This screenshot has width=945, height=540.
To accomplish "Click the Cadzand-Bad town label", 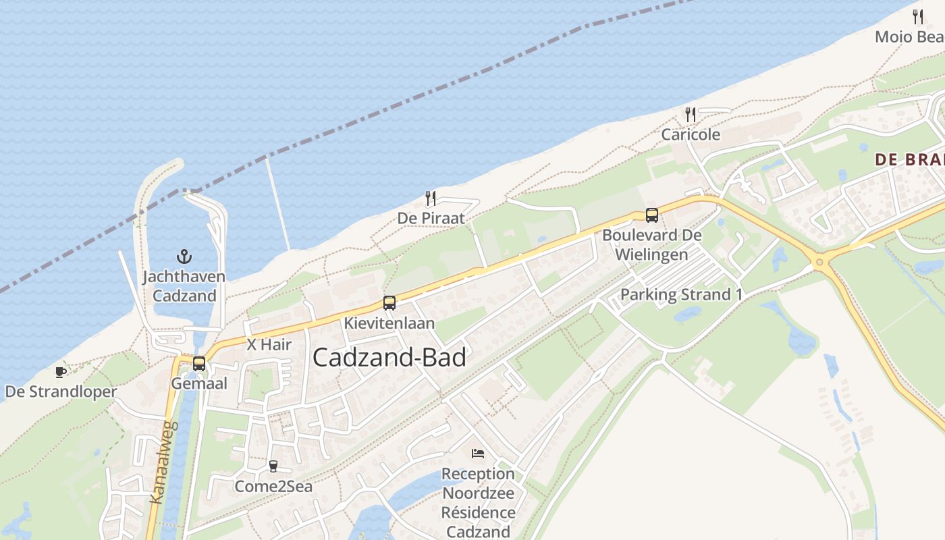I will pyautogui.click(x=389, y=358).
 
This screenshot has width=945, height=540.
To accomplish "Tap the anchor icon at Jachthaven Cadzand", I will pyautogui.click(x=184, y=256).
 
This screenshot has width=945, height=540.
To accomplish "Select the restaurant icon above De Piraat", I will pyautogui.click(x=431, y=198).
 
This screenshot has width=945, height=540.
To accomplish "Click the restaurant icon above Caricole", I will pyautogui.click(x=690, y=115).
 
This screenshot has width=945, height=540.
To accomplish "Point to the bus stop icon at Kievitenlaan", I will pyautogui.click(x=389, y=303).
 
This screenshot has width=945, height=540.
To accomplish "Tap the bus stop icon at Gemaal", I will pyautogui.click(x=199, y=363).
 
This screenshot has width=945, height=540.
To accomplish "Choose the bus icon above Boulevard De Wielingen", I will pyautogui.click(x=652, y=215).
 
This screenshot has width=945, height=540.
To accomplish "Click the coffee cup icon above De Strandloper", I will pyautogui.click(x=61, y=372).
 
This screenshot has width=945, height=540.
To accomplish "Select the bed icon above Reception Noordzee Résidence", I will pyautogui.click(x=478, y=454).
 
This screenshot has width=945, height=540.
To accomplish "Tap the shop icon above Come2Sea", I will pyautogui.click(x=273, y=466).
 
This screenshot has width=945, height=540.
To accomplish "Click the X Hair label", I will pyautogui.click(x=269, y=344).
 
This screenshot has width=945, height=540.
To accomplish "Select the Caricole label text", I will pyautogui.click(x=691, y=134).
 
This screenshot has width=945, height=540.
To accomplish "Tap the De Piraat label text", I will pyautogui.click(x=431, y=218).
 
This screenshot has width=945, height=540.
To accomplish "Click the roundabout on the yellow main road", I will pyautogui.click(x=820, y=262).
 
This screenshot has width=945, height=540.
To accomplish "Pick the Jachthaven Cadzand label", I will pyautogui.click(x=184, y=286).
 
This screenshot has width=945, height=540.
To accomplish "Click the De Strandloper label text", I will pyautogui.click(x=61, y=391).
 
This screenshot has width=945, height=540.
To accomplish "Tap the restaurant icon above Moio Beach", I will pyautogui.click(x=918, y=17).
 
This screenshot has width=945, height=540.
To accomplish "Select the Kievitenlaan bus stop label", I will pyautogui.click(x=389, y=323).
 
